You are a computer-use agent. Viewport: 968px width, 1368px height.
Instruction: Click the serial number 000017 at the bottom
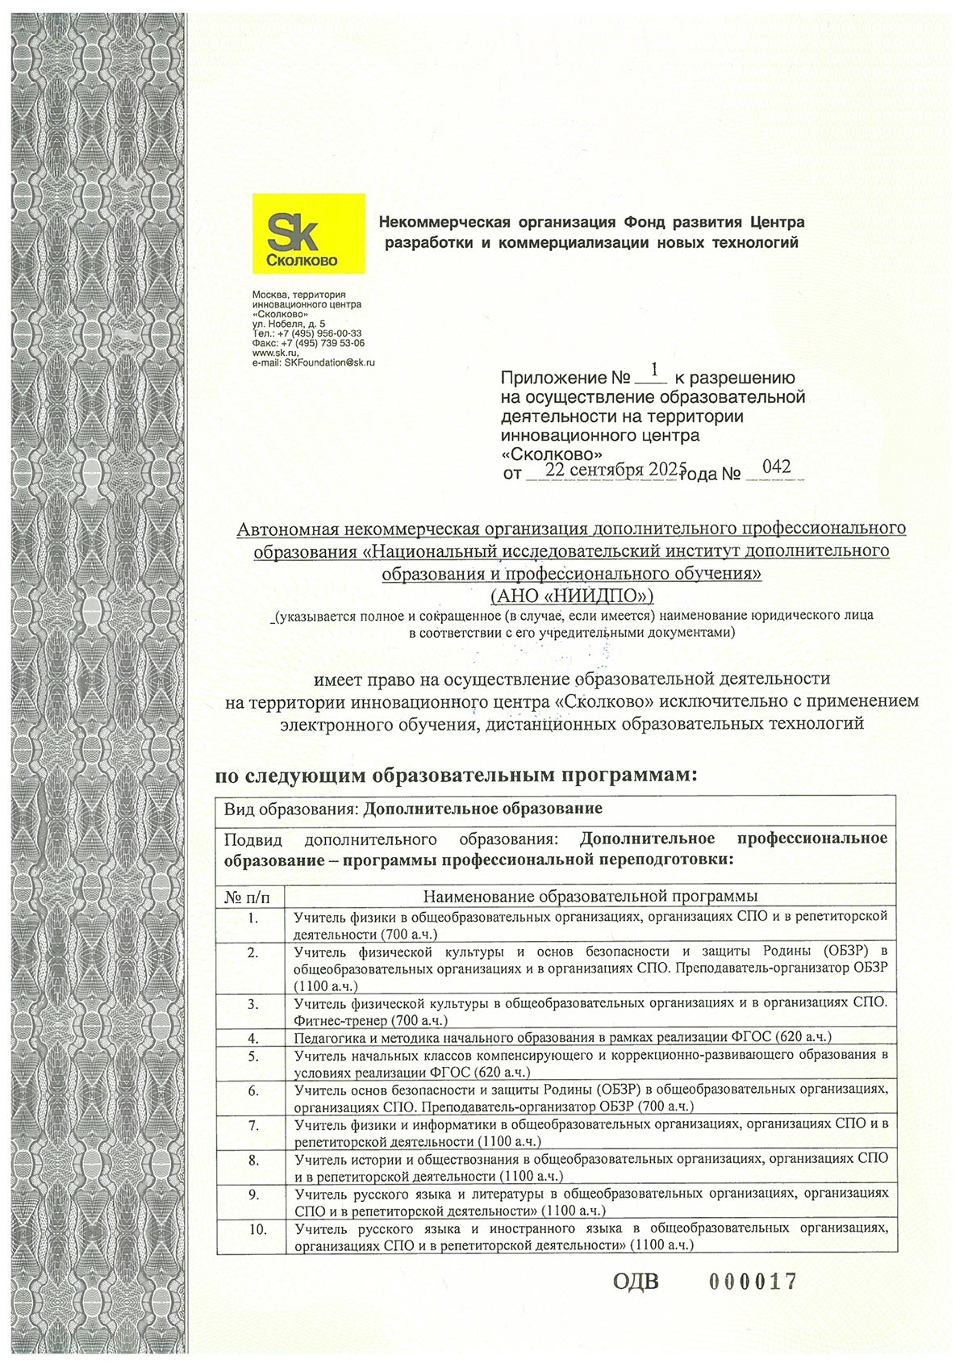coord(752,1281)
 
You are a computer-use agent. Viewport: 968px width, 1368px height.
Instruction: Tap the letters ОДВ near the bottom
coord(636,1282)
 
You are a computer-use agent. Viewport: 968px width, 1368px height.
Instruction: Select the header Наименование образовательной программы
coord(590,897)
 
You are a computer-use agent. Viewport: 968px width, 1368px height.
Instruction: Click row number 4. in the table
coord(253,1037)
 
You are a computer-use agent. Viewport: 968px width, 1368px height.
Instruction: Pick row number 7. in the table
coord(253,1124)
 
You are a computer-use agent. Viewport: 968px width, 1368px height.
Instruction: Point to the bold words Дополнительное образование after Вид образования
coord(483,809)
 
